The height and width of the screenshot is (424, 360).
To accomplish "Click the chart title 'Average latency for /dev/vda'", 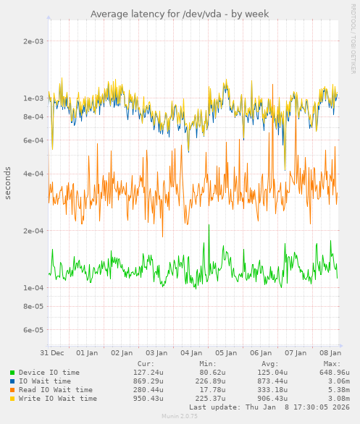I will [x=180, y=14].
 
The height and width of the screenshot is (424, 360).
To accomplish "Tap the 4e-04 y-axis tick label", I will [x=33, y=174].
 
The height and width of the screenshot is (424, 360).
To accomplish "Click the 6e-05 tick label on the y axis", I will [x=33, y=331].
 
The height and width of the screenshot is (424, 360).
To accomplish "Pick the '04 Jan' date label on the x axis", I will [x=191, y=352].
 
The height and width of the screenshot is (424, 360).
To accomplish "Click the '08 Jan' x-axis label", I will [x=330, y=352].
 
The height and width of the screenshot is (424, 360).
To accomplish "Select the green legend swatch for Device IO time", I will [x=12, y=373].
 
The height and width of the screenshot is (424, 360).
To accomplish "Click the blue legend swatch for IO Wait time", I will [x=12, y=381].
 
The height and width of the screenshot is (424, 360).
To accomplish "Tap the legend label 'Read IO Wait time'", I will [x=56, y=390].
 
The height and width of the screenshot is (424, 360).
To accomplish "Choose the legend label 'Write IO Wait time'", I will [x=58, y=399].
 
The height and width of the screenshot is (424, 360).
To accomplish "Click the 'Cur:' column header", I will [x=146, y=364].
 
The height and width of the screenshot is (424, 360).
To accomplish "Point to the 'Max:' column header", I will [x=332, y=364].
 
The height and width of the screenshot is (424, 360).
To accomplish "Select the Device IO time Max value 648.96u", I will [x=334, y=373].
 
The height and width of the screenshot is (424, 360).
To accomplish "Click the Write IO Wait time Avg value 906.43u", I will [x=272, y=399].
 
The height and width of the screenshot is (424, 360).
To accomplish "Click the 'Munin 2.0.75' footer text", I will [x=180, y=417].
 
